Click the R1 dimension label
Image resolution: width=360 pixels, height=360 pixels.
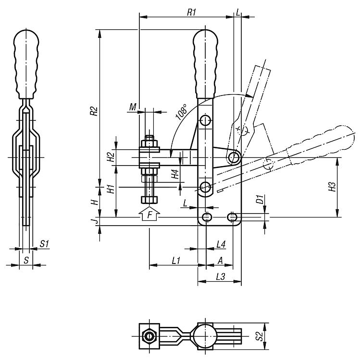pyautogui.click(x=191, y=12)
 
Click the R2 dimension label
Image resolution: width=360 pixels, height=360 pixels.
pyautogui.click(x=94, y=111)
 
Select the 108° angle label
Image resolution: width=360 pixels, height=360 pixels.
pyautogui.click(x=181, y=112)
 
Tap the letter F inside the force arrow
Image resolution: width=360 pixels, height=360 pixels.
pyautogui.click(x=149, y=215)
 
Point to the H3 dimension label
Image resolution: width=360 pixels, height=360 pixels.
pyautogui.click(x=332, y=187)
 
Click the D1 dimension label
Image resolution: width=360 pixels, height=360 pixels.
pyautogui.click(x=260, y=199)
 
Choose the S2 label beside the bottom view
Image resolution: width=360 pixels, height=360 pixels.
pyautogui.click(x=260, y=336)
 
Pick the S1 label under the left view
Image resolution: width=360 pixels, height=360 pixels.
pyautogui.click(x=44, y=243)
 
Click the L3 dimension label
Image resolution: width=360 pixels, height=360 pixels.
pyautogui.click(x=220, y=276)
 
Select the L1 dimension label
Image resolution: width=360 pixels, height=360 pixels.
pyautogui.click(x=176, y=261)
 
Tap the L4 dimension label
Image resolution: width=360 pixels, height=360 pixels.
pyautogui.click(x=221, y=244)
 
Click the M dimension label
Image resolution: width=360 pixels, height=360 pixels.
pyautogui.click(x=133, y=107)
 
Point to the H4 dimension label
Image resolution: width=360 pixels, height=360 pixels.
pyautogui.click(x=175, y=174)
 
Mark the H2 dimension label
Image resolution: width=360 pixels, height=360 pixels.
pyautogui.click(x=111, y=157)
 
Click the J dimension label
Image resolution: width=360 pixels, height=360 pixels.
pyautogui.click(x=96, y=221)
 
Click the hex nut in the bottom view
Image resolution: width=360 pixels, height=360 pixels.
pyautogui.click(x=149, y=336)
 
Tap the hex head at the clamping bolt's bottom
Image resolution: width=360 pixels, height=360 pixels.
pyautogui.click(x=149, y=200)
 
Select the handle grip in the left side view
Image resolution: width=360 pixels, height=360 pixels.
pyautogui.click(x=26, y=64)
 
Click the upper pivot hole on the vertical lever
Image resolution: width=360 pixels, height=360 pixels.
pyautogui.click(x=206, y=120)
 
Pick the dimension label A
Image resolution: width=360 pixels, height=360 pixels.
pyautogui.click(x=220, y=261)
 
